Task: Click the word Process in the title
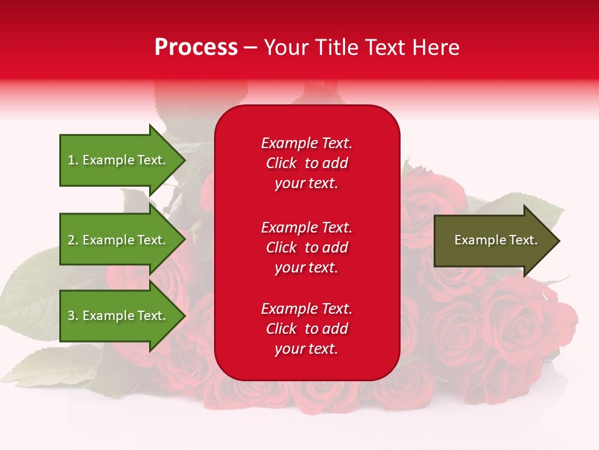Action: point(196,47)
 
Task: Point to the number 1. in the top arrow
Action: point(73,160)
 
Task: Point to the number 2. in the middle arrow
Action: point(73,240)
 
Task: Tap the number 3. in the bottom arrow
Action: point(73,316)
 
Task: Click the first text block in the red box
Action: point(306,163)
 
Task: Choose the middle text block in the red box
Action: point(306,247)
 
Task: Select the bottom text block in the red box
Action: point(306,329)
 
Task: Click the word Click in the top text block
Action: point(281,163)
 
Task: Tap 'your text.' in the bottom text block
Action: point(306,349)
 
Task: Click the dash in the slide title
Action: point(251,47)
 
